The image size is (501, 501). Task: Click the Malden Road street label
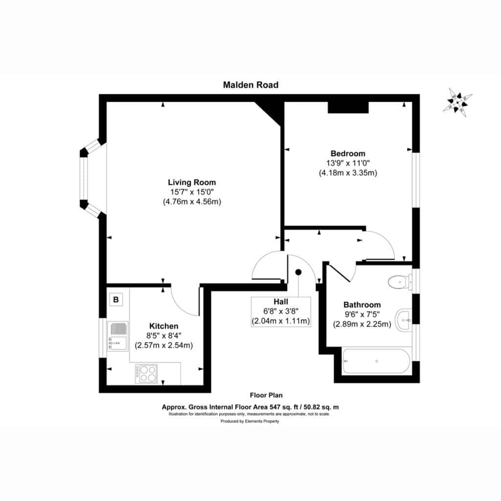click(x=250, y=85)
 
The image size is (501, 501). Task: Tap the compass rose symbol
click(x=457, y=103)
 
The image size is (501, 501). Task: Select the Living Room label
click(x=192, y=182)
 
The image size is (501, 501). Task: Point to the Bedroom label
click(x=348, y=153)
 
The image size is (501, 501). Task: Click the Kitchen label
click(x=163, y=326)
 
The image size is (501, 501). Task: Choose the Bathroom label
click(x=362, y=305)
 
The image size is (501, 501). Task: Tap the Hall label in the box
click(x=281, y=301)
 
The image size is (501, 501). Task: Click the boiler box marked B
click(x=116, y=300)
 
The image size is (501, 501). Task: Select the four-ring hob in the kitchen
click(x=146, y=374)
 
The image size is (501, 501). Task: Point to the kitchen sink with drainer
click(x=117, y=336)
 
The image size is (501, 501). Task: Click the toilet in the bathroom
click(x=400, y=282)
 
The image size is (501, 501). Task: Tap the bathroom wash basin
click(x=404, y=320)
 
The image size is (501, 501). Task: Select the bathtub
click(x=376, y=361)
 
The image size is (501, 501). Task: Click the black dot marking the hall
click(x=298, y=272)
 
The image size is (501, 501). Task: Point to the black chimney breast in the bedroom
click(x=348, y=107)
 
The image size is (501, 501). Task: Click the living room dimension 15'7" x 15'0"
click(x=192, y=192)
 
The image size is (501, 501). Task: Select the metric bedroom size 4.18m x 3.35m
click(x=348, y=173)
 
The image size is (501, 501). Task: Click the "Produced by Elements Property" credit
click(x=250, y=421)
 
